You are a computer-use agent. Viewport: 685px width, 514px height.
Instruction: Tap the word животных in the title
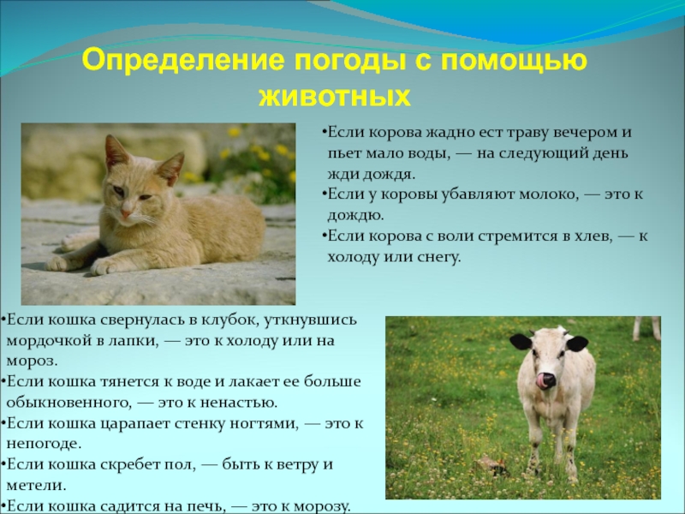coord(334,94)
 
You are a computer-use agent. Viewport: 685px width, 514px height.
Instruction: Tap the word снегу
coord(437,256)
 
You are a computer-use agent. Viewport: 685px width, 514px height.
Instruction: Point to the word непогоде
coord(44,444)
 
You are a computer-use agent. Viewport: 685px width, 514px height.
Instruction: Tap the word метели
coord(32,486)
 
